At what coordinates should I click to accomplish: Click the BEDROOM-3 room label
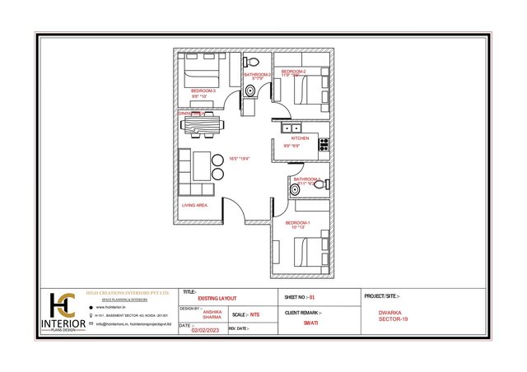pyautogui.click(x=203, y=91)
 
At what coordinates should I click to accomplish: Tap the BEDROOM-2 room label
pyautogui.click(x=293, y=72)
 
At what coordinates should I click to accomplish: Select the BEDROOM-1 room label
pyautogui.click(x=297, y=222)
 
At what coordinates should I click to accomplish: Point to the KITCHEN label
pyautogui.click(x=300, y=138)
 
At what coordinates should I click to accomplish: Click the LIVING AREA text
pyautogui.click(x=194, y=205)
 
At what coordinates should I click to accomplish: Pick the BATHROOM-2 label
pyautogui.click(x=258, y=75)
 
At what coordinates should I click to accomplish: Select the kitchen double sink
pyautogui.click(x=292, y=128)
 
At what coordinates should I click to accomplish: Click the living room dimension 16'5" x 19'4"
pyautogui.click(x=239, y=158)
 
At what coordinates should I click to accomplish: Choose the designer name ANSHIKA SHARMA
pyautogui.click(x=212, y=314)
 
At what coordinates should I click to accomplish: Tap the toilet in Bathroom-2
pyautogui.click(x=254, y=63)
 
